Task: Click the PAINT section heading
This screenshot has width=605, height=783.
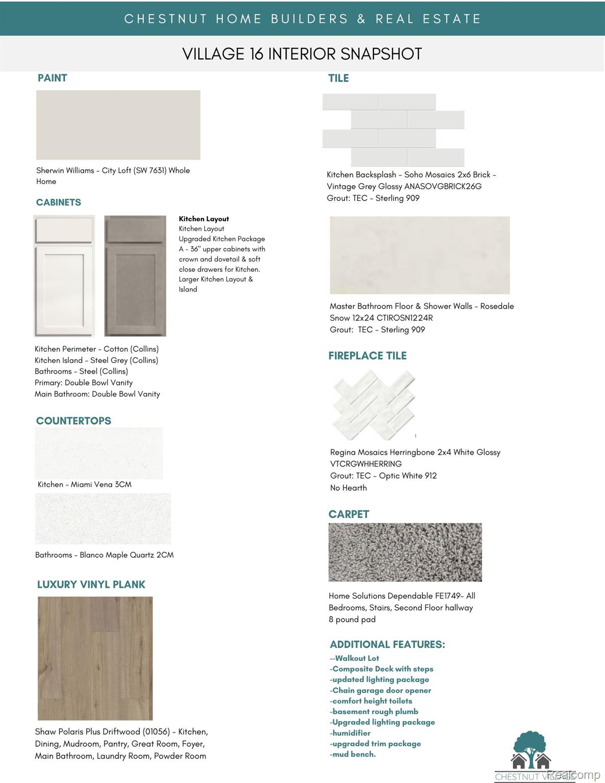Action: (x=52, y=78)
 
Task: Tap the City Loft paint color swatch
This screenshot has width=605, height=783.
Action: (x=118, y=125)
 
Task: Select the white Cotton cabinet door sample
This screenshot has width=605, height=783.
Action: (x=64, y=276)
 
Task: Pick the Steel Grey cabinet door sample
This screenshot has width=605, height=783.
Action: (x=135, y=276)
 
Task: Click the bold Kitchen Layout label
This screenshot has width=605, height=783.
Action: (x=204, y=219)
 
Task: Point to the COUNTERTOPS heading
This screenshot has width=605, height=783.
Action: (x=73, y=421)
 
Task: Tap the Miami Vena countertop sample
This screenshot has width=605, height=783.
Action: (x=99, y=453)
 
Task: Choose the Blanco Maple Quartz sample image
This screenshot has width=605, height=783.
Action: (x=103, y=518)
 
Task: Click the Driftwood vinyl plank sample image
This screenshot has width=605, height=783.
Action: (x=95, y=658)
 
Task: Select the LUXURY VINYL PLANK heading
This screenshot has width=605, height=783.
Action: (x=91, y=584)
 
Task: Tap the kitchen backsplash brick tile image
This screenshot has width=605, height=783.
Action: (x=393, y=129)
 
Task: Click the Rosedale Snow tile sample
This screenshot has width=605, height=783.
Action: (x=419, y=255)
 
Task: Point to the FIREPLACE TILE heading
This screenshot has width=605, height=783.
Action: (x=367, y=356)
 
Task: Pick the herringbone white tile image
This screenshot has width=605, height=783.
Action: (x=374, y=405)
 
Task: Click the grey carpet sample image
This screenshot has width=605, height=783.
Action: (x=405, y=552)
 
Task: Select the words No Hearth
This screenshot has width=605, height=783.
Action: (x=348, y=488)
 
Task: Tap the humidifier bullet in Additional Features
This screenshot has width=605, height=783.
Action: (x=350, y=733)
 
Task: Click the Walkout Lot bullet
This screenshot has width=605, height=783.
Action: (x=356, y=658)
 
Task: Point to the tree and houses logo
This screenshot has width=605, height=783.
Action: (x=531, y=750)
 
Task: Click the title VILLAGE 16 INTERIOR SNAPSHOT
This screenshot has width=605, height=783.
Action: (x=302, y=54)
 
